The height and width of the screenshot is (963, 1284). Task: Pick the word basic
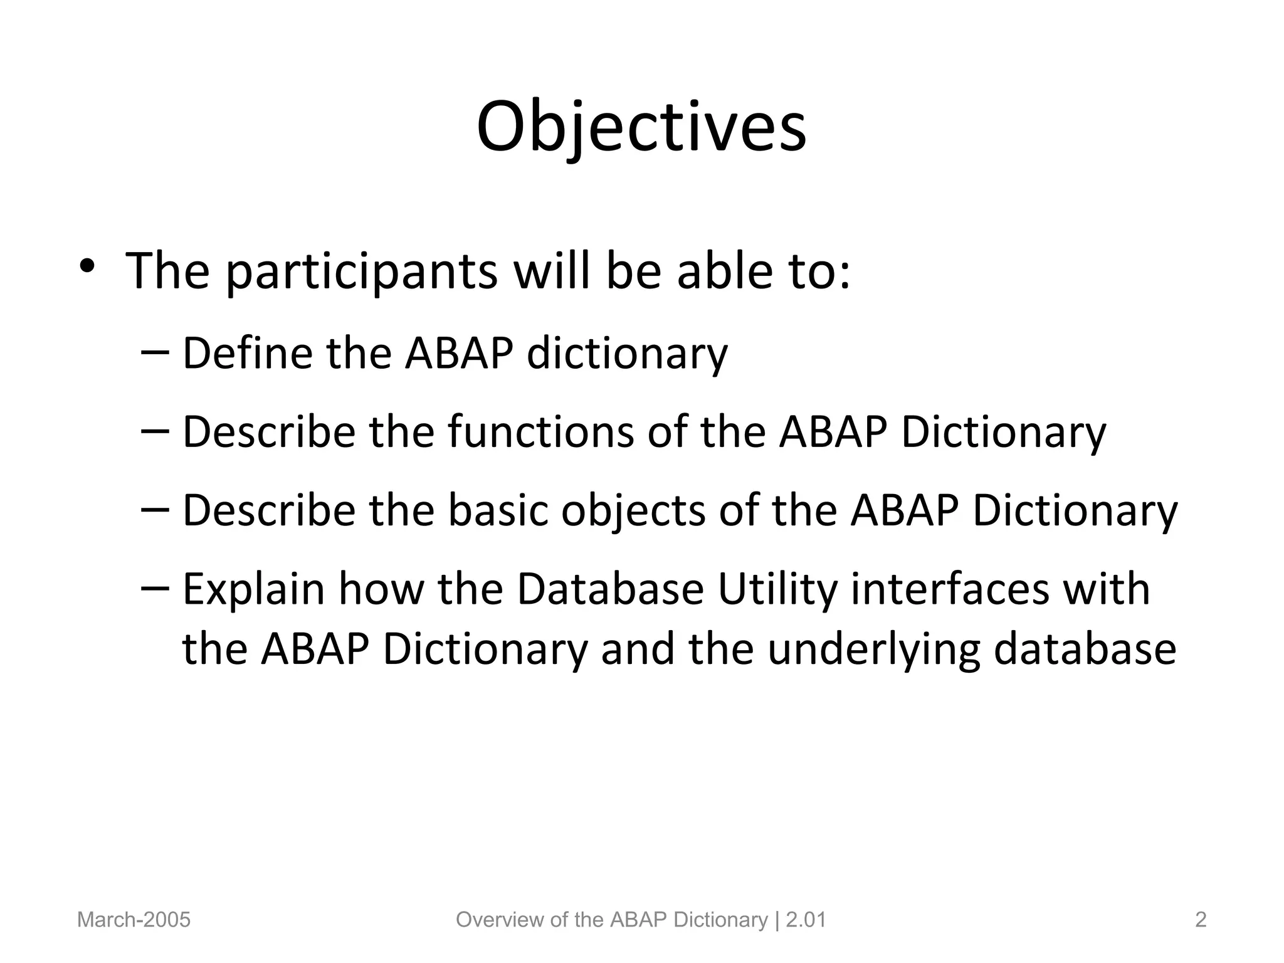[x=498, y=510]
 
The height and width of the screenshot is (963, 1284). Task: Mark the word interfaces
[x=950, y=589]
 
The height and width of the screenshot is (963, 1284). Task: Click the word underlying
[x=873, y=651]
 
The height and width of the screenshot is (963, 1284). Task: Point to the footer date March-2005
[x=134, y=920]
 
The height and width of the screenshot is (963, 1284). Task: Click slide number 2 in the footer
[x=1201, y=920]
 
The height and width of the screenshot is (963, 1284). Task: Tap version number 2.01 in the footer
[x=806, y=920]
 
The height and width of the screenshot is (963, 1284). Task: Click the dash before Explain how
[x=155, y=588]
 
